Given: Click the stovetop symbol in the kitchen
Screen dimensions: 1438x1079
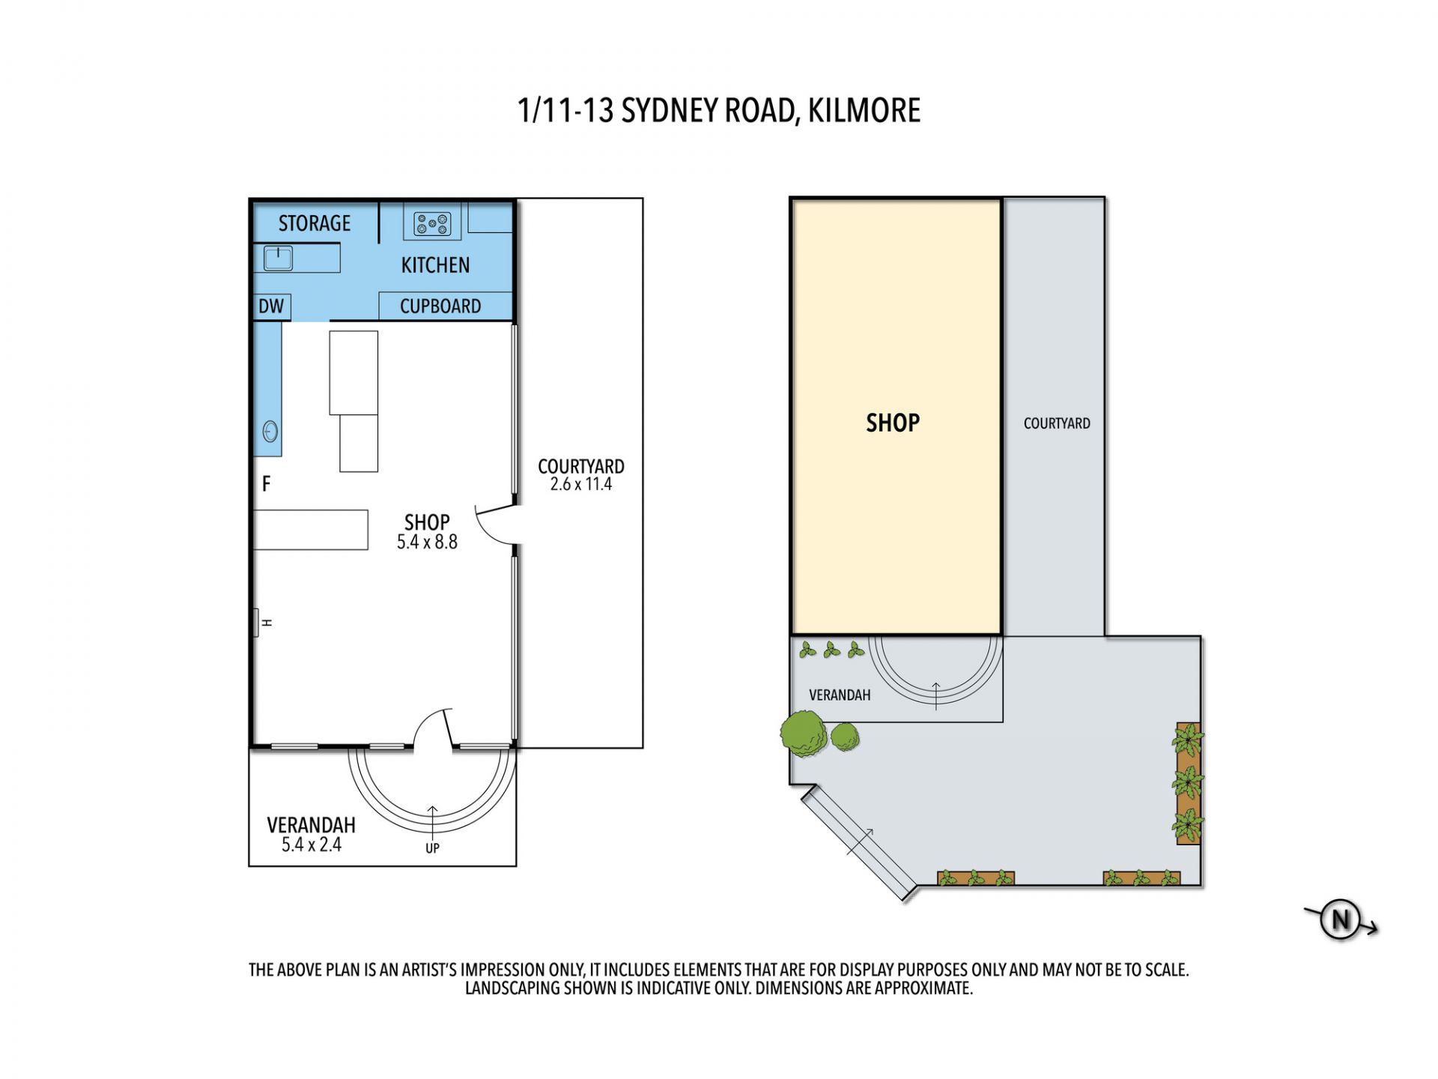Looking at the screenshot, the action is click(432, 223).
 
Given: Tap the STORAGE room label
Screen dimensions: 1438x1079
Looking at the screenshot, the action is click(315, 223).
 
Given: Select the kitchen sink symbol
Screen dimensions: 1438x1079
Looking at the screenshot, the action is click(278, 259).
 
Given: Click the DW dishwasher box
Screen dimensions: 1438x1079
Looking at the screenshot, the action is click(271, 306).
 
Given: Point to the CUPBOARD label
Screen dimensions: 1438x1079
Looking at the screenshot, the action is click(440, 306).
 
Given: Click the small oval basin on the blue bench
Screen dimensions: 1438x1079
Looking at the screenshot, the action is click(270, 432).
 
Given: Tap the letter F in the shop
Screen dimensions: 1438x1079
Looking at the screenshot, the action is click(266, 484).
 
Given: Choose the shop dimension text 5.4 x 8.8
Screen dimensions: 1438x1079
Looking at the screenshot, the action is click(427, 542).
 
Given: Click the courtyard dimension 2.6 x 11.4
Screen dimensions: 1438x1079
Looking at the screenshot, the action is click(581, 484).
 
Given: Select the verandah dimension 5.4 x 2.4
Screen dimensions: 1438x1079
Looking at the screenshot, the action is click(312, 844).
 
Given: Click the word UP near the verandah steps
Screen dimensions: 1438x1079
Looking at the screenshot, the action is click(432, 848).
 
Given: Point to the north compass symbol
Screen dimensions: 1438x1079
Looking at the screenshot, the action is click(1341, 919).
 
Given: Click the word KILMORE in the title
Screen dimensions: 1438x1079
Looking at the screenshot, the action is click(864, 111).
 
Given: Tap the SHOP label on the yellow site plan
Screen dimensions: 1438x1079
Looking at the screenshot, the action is click(893, 423).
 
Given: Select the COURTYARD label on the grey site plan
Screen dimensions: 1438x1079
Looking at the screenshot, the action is click(1057, 423).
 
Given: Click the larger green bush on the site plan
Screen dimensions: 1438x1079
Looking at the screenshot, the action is click(804, 733).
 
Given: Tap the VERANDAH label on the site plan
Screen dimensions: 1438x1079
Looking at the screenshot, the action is click(840, 695).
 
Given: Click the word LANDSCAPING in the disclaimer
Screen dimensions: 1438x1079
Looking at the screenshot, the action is click(513, 988).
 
